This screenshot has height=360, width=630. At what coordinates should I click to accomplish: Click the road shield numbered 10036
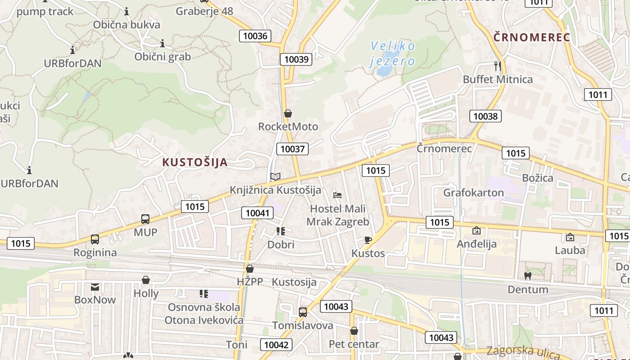[255, 36]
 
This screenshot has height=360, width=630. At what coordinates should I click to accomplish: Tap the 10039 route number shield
[296, 59]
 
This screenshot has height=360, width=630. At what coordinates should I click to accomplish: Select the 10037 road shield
[292, 149]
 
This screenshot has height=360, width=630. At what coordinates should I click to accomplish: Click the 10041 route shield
[257, 213]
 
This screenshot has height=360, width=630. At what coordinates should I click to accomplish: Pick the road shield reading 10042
[276, 345]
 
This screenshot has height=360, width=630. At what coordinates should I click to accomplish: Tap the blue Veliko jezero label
[392, 53]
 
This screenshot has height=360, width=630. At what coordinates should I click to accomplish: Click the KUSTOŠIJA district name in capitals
[195, 162]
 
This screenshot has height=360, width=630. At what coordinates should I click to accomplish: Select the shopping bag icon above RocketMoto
[288, 113]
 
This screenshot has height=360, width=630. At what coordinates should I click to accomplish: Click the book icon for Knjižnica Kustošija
[275, 177]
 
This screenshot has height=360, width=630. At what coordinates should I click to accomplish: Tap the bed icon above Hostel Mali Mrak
[337, 195]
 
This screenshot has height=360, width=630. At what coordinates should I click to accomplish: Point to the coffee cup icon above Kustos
[368, 240]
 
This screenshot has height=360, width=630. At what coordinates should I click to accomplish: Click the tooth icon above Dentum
[528, 276]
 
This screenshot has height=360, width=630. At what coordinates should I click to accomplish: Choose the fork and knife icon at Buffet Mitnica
[497, 66]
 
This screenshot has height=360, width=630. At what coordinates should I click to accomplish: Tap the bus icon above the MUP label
[145, 219]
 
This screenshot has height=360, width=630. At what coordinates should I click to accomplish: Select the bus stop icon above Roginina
[95, 239]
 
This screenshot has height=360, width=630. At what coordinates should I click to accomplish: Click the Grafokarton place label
[473, 193]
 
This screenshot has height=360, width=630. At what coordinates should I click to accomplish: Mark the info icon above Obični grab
[162, 43]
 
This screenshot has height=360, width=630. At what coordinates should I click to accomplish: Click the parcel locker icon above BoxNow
[95, 287]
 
